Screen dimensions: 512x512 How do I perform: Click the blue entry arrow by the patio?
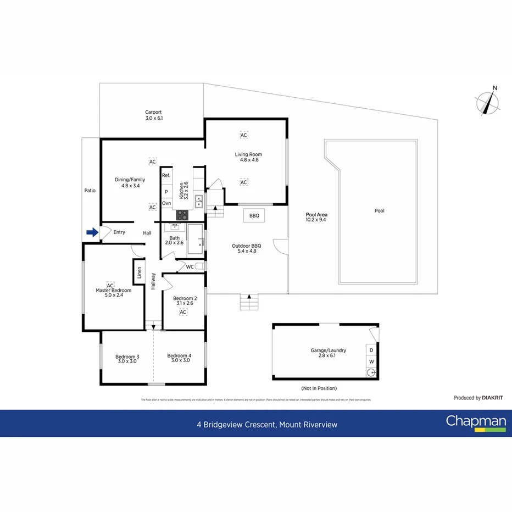click(92, 232)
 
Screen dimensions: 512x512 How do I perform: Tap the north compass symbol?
click(488, 102)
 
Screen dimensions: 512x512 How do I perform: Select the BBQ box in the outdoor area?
click(254, 216)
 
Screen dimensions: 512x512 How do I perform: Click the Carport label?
click(153, 112)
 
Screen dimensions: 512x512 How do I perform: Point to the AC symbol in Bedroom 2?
click(183, 312)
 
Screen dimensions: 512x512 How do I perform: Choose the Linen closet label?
click(140, 272)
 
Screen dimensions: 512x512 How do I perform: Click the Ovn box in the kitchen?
click(166, 203)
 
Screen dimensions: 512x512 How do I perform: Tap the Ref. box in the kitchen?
click(166, 175)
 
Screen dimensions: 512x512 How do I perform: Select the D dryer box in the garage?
click(371, 350)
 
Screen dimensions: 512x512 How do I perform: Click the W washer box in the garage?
click(371, 361)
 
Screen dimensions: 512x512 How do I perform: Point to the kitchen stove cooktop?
click(182, 215)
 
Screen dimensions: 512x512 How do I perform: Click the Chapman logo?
click(475, 422)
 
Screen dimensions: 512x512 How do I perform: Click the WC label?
click(190, 267)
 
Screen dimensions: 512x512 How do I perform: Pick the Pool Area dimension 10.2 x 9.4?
click(316, 220)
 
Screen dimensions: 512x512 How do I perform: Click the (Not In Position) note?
click(319, 388)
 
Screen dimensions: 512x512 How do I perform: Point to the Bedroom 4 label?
click(179, 355)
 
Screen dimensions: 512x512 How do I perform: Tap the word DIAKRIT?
click(493, 397)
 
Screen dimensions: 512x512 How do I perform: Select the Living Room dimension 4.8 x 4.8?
click(249, 160)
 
